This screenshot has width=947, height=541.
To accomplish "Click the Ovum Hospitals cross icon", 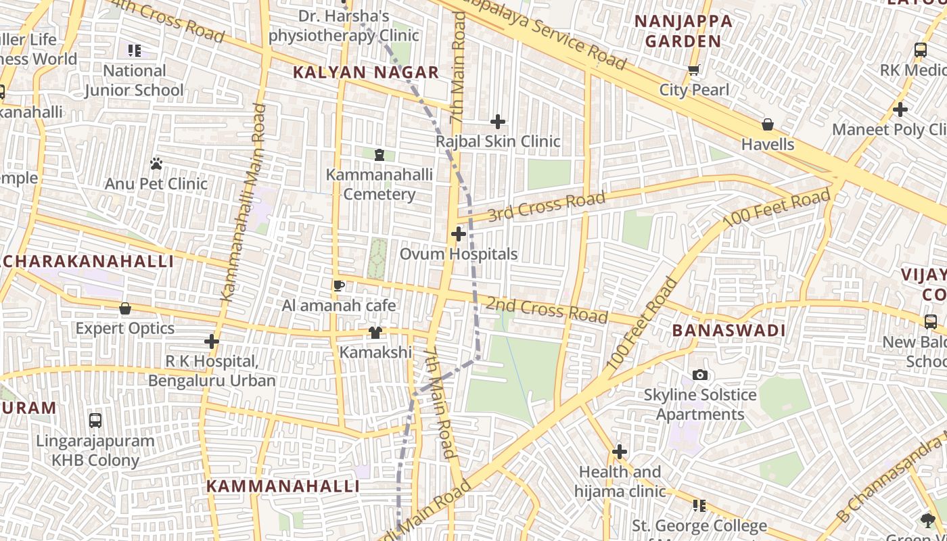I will pos(459,235).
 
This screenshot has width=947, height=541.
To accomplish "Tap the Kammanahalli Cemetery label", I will pos(379,185).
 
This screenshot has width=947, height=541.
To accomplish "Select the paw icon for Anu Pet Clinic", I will pos(156,164).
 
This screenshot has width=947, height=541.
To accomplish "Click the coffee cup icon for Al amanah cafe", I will pos(339,285).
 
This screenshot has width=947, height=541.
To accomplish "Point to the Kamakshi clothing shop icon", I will pos(375,333).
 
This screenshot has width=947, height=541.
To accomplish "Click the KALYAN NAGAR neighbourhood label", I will pos(366,72).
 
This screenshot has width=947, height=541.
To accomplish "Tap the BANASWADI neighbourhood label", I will pos(729,331).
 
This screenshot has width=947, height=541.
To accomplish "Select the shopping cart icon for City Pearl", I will pos(693,70).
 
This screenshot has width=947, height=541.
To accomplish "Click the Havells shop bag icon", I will pos(768,124).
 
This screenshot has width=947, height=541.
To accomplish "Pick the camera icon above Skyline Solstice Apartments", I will pos(700,375).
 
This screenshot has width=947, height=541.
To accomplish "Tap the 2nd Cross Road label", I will pos(547,310).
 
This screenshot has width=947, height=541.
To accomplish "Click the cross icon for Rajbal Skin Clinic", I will pos(498,122).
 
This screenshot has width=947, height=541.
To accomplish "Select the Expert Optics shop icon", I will pos(125,309).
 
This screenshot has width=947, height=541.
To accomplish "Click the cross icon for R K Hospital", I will pos(212,342).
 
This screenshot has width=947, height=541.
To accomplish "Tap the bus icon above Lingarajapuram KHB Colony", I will pos(95,421).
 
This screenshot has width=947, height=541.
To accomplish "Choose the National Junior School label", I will pos(134,80).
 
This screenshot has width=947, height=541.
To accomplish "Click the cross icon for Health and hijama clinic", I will pos(620,452).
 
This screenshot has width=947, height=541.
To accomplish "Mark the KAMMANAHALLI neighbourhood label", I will pos(283,486).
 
